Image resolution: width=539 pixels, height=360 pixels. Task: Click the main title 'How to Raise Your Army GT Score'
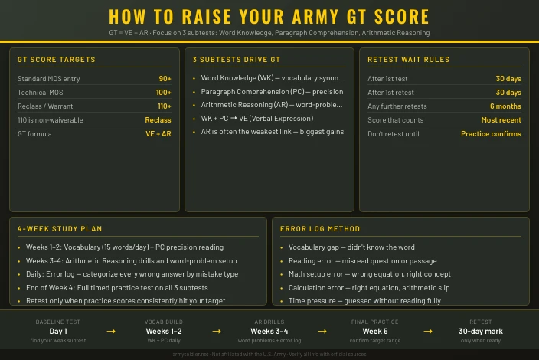[x=269, y=17]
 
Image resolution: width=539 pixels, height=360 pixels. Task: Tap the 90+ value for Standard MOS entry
[x=165, y=79]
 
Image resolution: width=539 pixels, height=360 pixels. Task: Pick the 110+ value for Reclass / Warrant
[x=164, y=106]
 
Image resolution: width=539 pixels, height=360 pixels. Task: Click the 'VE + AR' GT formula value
[x=158, y=134]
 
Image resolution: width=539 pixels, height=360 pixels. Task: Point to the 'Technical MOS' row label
[x=40, y=93]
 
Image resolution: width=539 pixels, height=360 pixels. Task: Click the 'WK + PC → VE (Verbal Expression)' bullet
[x=256, y=119]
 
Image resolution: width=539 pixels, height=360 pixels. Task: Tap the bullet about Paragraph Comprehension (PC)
[x=272, y=92]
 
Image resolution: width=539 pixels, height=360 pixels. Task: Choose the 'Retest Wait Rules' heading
[x=408, y=60]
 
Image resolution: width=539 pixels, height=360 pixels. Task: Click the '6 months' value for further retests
[x=505, y=106]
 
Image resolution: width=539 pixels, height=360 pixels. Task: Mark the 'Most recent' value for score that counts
[x=501, y=120]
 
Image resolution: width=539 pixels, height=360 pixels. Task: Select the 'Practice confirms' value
[x=491, y=134]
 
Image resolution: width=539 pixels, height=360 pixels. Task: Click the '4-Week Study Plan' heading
[x=60, y=229]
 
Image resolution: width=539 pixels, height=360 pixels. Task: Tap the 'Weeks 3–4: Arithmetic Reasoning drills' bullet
[x=121, y=261]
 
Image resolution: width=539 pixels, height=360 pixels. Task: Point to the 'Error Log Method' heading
[x=320, y=229]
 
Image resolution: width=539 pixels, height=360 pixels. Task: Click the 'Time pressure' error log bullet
[x=364, y=301]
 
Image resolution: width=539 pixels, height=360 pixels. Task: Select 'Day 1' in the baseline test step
[x=58, y=331]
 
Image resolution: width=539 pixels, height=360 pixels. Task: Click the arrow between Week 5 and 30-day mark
[x=428, y=331]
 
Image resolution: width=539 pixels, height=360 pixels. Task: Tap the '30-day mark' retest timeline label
[x=481, y=331]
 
